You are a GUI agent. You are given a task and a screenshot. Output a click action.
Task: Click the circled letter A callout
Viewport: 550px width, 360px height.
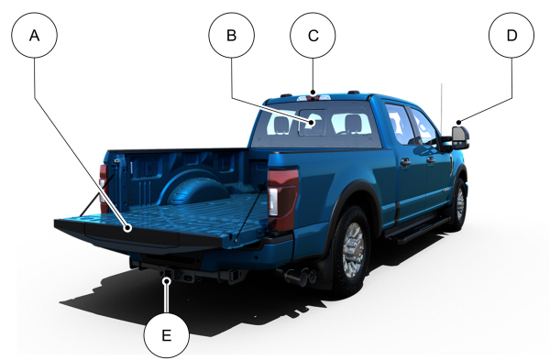pyautogui.click(x=35, y=35)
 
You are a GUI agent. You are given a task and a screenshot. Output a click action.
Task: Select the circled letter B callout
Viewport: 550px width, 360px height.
pyautogui.click(x=232, y=35)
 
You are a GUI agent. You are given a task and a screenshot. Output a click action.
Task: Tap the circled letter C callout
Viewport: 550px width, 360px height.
pyautogui.click(x=313, y=35)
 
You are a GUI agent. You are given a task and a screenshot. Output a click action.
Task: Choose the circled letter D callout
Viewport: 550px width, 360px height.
pyautogui.click(x=511, y=35)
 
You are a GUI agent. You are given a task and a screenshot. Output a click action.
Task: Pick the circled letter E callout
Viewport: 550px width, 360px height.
pyautogui.click(x=167, y=335)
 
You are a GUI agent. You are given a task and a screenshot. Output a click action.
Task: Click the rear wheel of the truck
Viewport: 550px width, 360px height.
pyautogui.click(x=352, y=250)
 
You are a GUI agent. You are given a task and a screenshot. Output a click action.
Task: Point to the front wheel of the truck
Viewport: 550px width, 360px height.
pyautogui.click(x=459, y=204)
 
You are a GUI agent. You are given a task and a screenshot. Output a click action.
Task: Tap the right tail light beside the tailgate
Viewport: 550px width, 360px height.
pyautogui.click(x=282, y=201)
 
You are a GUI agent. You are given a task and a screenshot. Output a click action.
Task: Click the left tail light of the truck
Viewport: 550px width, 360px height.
pyautogui.click(x=104, y=189)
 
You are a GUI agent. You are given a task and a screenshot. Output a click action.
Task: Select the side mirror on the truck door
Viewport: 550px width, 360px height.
pyautogui.click(x=459, y=137)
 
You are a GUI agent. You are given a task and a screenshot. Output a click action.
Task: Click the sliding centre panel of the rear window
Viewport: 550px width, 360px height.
pyautogui.click(x=313, y=123)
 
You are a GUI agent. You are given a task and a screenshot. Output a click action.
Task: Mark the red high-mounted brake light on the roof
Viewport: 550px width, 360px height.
pyautogui.click(x=313, y=98)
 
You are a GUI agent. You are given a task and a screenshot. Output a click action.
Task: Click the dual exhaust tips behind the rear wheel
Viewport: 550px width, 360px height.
pyautogui.click(x=298, y=277)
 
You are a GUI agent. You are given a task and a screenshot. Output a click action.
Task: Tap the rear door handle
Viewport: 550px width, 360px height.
pyautogui.click(x=405, y=163)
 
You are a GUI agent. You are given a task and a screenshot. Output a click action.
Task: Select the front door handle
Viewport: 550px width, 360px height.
pyautogui.click(x=431, y=160)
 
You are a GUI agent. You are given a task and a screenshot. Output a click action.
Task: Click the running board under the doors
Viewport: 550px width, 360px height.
pyautogui.click(x=417, y=230)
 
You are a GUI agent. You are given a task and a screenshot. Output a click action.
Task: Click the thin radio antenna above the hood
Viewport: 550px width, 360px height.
pyautogui.click(x=442, y=109)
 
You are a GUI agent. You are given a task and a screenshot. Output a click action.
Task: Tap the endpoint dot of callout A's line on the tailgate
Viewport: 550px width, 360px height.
pyautogui.click(x=128, y=228)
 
